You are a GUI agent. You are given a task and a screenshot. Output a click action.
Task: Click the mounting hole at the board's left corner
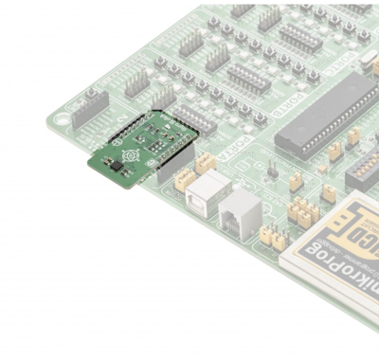(63, 119)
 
